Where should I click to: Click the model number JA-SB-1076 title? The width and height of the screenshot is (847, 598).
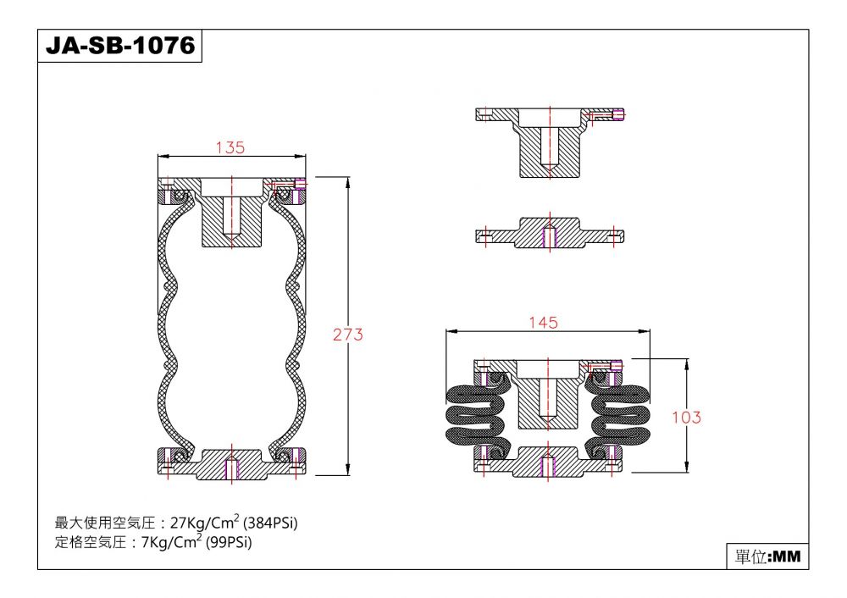120,46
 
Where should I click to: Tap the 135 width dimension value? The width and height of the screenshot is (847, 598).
230,147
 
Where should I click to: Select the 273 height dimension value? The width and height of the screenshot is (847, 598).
348,335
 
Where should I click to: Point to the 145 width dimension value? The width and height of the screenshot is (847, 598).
543,323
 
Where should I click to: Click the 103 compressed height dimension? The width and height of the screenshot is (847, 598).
687,417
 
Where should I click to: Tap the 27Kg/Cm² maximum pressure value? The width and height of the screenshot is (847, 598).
205,523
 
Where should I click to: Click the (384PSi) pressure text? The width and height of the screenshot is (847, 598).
271,523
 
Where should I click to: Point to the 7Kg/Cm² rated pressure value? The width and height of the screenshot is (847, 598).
171,541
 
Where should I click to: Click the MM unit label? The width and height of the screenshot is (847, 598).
788,556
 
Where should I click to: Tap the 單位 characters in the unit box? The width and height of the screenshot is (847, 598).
750,556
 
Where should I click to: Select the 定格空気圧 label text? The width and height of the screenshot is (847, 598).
91,541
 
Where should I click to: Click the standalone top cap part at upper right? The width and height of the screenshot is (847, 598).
550,142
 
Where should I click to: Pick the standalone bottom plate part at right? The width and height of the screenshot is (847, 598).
550,234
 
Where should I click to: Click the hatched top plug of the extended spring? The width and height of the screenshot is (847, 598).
232,213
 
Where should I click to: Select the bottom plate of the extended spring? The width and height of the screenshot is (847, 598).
232,463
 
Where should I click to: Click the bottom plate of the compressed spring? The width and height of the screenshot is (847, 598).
548,462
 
